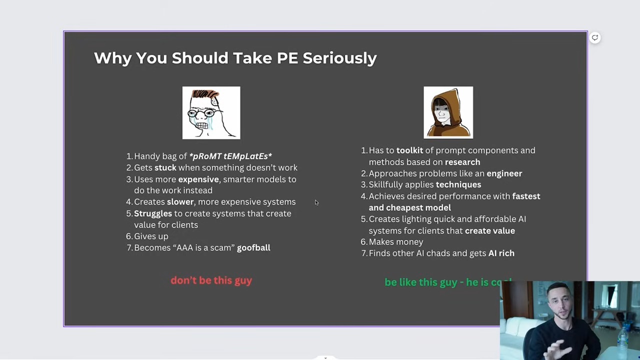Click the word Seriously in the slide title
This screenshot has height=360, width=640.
[x=339, y=58]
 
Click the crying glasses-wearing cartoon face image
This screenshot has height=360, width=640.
[x=211, y=113]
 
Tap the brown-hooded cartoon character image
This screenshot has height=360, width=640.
[x=448, y=112]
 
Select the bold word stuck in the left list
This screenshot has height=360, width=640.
[x=165, y=167]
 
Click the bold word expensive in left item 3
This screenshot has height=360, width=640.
[x=198, y=179]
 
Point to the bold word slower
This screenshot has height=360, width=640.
[x=180, y=201]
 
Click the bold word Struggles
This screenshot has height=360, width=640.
[x=153, y=213]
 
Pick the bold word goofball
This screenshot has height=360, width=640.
[x=253, y=247]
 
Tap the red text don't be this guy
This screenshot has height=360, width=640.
[x=211, y=280]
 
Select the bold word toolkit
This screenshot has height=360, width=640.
[x=409, y=150]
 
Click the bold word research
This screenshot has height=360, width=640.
[x=462, y=162]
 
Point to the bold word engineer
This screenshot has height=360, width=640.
[x=504, y=173]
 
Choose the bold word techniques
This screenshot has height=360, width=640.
[x=458, y=185]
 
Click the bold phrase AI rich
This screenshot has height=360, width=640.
[x=501, y=253]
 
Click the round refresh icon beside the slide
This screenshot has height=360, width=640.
[x=595, y=37]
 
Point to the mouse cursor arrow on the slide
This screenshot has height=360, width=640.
[x=316, y=202]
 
